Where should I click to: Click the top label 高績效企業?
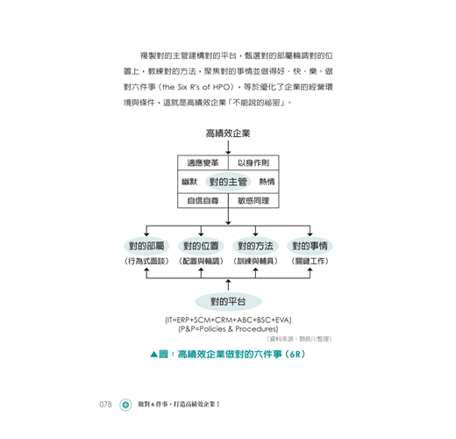(228, 133)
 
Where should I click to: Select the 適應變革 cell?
(203, 162)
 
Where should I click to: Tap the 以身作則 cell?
(253, 162)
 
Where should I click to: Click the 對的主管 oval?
(228, 182)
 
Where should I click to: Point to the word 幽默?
(189, 182)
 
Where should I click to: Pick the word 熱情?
(267, 182)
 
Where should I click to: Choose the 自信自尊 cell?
(203, 201)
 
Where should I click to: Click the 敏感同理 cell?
(253, 201)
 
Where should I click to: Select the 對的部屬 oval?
(146, 246)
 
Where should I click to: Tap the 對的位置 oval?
(201, 246)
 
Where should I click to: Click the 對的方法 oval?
(255, 246)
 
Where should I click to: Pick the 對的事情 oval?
(310, 246)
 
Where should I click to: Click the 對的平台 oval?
(228, 301)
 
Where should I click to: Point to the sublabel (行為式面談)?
(146, 261)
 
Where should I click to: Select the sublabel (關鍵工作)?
(310, 261)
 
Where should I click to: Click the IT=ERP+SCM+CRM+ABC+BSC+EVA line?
(228, 320)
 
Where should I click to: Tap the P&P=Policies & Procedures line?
(228, 329)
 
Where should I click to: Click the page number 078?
(105, 405)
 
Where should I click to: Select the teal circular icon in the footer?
(125, 405)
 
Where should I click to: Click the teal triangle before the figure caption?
(154, 355)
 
